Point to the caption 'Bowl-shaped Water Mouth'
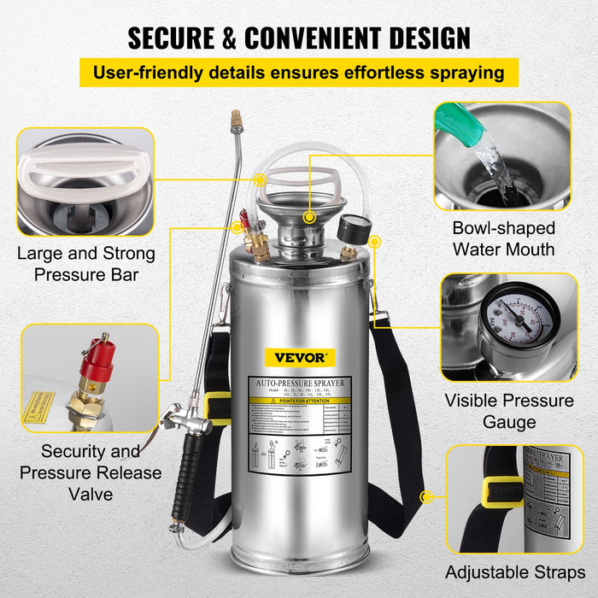(503, 238)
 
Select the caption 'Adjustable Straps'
(514, 572)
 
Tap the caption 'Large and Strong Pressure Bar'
(86, 264)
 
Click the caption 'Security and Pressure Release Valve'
(90, 472)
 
